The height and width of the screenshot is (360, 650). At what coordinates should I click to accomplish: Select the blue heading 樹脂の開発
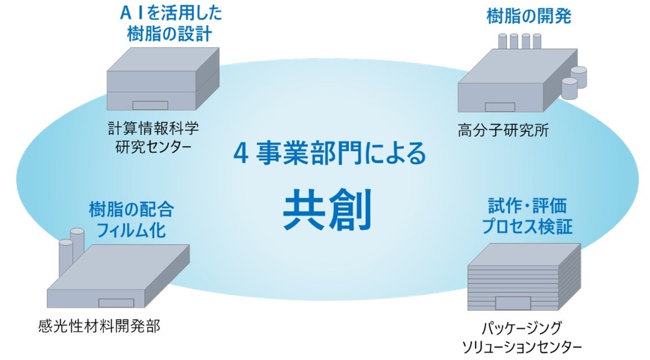pyautogui.click(x=528, y=17)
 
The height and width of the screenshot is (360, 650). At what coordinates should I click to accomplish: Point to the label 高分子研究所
pyautogui.click(x=503, y=131)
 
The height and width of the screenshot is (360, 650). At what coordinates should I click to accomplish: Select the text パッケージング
pyautogui.click(x=522, y=327)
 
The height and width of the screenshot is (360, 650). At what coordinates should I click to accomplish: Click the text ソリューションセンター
pyautogui.click(x=521, y=347)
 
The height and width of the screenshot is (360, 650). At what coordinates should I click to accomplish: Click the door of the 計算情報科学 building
pyautogui.click(x=150, y=105)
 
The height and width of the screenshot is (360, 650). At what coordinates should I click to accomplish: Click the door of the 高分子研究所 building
pyautogui.click(x=500, y=107)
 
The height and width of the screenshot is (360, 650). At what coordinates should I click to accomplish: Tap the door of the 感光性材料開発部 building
pyautogui.click(x=114, y=303)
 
